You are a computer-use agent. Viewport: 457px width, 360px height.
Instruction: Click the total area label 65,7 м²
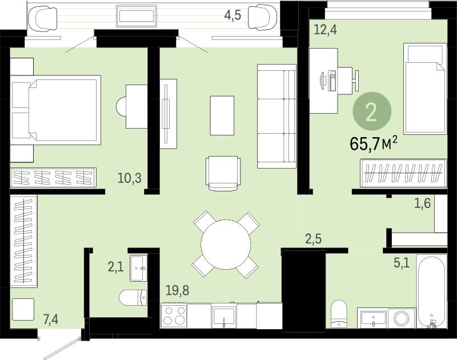[x=374, y=143]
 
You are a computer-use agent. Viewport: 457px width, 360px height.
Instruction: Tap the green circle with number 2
[x=372, y=111]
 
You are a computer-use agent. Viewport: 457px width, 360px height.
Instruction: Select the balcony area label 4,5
[x=232, y=15]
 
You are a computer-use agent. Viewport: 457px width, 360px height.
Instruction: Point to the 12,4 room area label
[x=325, y=30]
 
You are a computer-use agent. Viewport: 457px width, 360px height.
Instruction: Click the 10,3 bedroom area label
[x=130, y=178]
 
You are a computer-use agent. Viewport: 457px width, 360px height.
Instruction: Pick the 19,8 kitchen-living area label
[x=177, y=290]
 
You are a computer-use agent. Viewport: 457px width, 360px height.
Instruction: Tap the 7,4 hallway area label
[x=51, y=319]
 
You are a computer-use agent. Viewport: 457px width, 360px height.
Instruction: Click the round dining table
[x=226, y=244]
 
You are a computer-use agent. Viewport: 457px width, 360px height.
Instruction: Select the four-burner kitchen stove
[x=174, y=315]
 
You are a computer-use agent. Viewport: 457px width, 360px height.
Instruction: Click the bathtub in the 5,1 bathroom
[x=432, y=291]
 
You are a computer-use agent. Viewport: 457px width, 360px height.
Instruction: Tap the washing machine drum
[x=401, y=318]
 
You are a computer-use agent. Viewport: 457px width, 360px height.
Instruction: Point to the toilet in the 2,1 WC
[x=133, y=298]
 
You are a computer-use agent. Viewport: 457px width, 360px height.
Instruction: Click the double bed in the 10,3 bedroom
[x=55, y=110]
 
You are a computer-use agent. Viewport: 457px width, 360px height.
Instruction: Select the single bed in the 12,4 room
[x=425, y=89]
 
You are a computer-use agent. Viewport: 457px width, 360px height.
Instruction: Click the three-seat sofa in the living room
[x=276, y=117]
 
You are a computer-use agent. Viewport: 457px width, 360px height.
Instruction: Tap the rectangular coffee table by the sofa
[x=222, y=115]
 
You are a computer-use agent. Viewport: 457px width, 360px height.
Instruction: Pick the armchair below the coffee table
[x=223, y=174]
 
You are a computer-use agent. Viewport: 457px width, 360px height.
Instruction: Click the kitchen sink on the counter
[x=224, y=317]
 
